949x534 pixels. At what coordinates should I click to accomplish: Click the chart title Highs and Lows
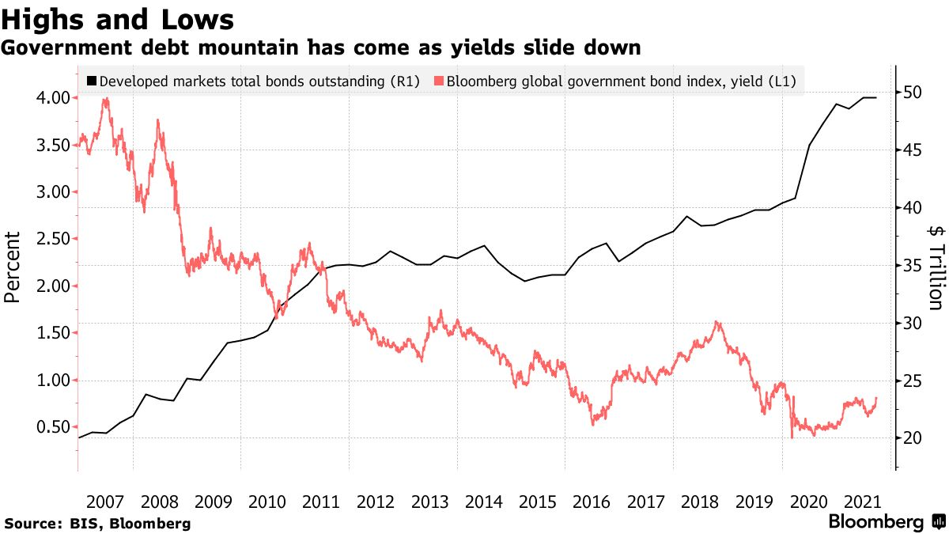119,18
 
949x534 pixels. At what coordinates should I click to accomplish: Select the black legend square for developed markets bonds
91,81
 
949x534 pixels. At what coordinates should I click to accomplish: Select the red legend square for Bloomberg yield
439,81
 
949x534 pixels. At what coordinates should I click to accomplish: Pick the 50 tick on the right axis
914,92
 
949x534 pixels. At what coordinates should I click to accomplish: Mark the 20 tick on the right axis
914,438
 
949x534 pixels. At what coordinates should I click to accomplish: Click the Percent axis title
12,267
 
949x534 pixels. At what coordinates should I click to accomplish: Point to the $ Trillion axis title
936,267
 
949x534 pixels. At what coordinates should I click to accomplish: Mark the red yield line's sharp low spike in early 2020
791,437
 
